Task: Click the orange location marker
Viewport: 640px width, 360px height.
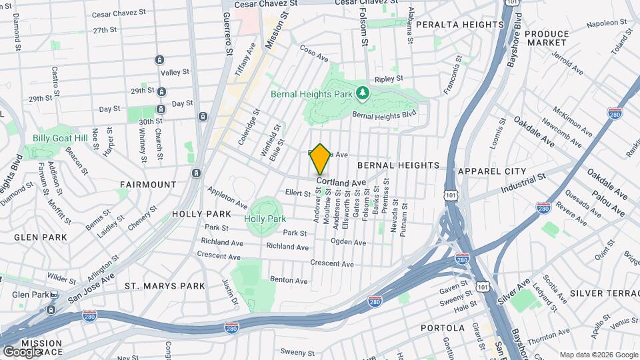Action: click(321, 159)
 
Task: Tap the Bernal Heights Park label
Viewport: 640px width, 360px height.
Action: click(311, 94)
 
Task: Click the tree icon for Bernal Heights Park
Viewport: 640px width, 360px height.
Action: click(363, 93)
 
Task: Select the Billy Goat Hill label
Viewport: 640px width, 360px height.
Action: click(60, 138)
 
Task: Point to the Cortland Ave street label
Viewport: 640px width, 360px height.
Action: click(341, 182)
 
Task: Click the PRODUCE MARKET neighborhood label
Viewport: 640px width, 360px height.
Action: click(547, 38)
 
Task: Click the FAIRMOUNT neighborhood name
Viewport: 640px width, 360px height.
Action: click(148, 184)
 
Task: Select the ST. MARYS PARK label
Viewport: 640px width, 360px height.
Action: click(165, 286)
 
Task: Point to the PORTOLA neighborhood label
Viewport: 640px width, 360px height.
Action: click(443, 328)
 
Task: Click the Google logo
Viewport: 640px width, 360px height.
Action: click(22, 351)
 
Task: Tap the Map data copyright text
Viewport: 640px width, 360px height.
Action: click(597, 355)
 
